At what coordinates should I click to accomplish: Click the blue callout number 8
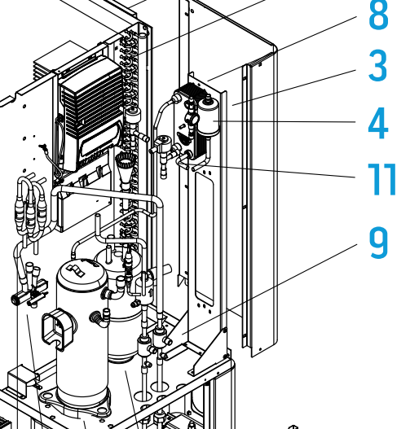378,14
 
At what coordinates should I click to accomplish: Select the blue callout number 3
378,66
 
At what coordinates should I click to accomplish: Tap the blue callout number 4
378,123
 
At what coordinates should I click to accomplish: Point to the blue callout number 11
382,179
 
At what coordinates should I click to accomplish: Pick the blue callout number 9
379,243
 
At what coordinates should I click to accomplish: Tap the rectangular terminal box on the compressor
59,328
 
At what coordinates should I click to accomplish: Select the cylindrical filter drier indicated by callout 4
209,117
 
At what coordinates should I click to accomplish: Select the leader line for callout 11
280,172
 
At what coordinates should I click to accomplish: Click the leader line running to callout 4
284,121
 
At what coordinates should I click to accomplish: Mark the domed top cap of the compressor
82,271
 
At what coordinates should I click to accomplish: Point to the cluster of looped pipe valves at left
31,208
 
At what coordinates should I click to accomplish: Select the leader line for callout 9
270,289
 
